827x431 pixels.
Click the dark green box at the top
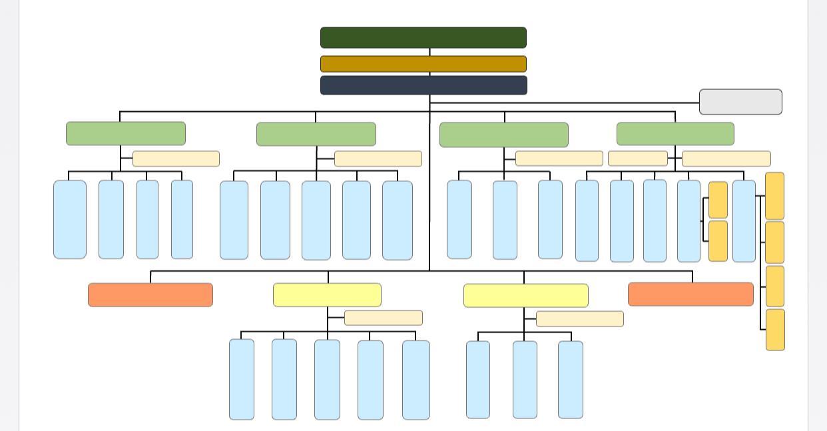(423, 37)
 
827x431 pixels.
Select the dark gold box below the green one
(423, 64)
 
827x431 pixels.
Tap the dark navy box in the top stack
(423, 85)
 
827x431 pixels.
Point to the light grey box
(740, 102)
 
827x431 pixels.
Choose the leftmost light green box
(126, 133)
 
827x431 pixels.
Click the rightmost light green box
(675, 133)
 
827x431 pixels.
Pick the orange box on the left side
(150, 295)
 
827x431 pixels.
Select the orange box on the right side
(690, 294)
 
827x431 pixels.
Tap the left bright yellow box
(327, 295)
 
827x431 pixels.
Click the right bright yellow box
(526, 296)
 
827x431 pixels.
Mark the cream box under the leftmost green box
(176, 159)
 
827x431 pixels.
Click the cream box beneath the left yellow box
(384, 318)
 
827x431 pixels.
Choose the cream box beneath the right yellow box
(580, 319)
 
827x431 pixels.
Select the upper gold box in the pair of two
(718, 200)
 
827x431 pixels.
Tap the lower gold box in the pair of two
(718, 241)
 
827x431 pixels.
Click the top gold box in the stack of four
(775, 196)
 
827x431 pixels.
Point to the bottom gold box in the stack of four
(775, 330)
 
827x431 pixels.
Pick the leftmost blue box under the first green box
(70, 219)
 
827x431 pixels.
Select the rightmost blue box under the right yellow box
(571, 380)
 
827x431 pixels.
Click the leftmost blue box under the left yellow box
(242, 380)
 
